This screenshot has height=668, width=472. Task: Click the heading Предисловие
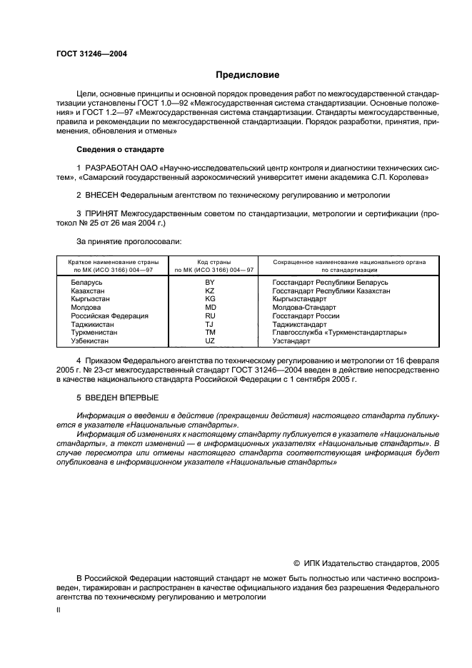click(248, 74)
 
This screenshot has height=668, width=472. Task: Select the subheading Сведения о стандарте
click(120, 150)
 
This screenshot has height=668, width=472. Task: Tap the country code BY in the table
click(209, 282)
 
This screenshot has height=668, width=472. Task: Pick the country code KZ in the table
click(209, 290)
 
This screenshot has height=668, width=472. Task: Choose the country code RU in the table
click(209, 315)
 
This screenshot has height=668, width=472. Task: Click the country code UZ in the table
click(209, 340)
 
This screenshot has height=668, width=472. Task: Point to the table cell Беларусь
click(86, 282)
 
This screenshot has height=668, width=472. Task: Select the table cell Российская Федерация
click(109, 315)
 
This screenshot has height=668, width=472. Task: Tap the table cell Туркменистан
click(94, 332)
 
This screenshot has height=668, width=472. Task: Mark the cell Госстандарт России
click(306, 315)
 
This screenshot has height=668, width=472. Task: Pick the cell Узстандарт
click(291, 340)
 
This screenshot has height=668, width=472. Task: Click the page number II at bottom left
click(59, 611)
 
